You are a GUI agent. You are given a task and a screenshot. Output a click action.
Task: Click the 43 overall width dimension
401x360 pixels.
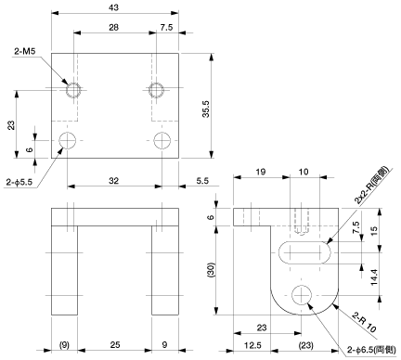[x=114, y=7]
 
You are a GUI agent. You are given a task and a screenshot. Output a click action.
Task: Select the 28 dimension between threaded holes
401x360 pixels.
[x=113, y=27]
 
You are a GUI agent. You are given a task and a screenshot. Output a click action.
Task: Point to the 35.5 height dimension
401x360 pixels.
[x=206, y=109]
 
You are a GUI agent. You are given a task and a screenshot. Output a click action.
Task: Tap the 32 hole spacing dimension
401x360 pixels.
[x=113, y=181]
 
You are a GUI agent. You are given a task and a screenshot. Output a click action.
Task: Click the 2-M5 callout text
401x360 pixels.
[x=25, y=51]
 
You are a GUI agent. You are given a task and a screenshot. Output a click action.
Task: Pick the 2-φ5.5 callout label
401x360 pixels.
[x=19, y=182]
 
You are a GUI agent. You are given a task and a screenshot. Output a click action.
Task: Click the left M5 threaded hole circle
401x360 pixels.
[x=73, y=90]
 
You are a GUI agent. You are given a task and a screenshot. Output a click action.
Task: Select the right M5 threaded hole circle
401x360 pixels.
[x=156, y=90]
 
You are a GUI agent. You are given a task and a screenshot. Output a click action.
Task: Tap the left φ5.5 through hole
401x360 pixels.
[x=68, y=140]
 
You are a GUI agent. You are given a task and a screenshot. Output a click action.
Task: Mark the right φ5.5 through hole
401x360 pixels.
[x=162, y=140]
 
